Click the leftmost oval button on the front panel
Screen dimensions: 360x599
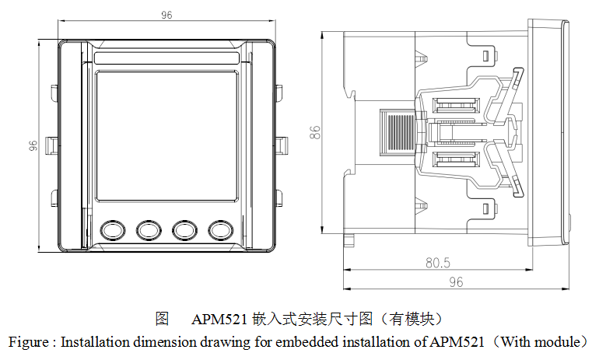pos(113,229)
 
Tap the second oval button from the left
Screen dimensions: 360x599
pos(149,229)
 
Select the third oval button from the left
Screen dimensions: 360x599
pos(185,229)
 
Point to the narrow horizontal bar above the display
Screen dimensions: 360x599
pos(166,58)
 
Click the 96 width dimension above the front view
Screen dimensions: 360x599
pos(166,13)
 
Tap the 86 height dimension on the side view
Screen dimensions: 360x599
pos(314,132)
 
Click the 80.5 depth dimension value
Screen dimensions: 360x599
pos(438,263)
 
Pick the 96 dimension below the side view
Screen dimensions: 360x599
pos(456,281)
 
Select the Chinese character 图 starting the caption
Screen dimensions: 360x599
pos(162,319)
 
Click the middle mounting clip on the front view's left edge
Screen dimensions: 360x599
pos(50,143)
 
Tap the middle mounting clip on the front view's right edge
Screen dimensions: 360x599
pos(282,143)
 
